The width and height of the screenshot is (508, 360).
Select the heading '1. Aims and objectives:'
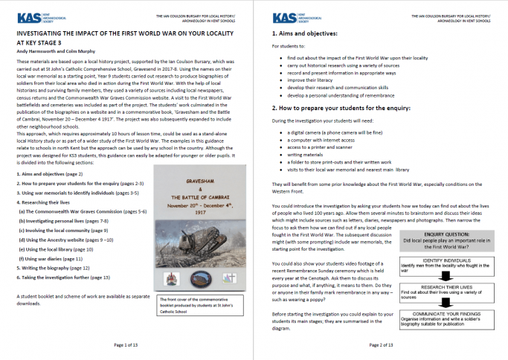(x=305, y=34)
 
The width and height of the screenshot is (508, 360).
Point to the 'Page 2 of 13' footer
(x=382, y=344)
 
